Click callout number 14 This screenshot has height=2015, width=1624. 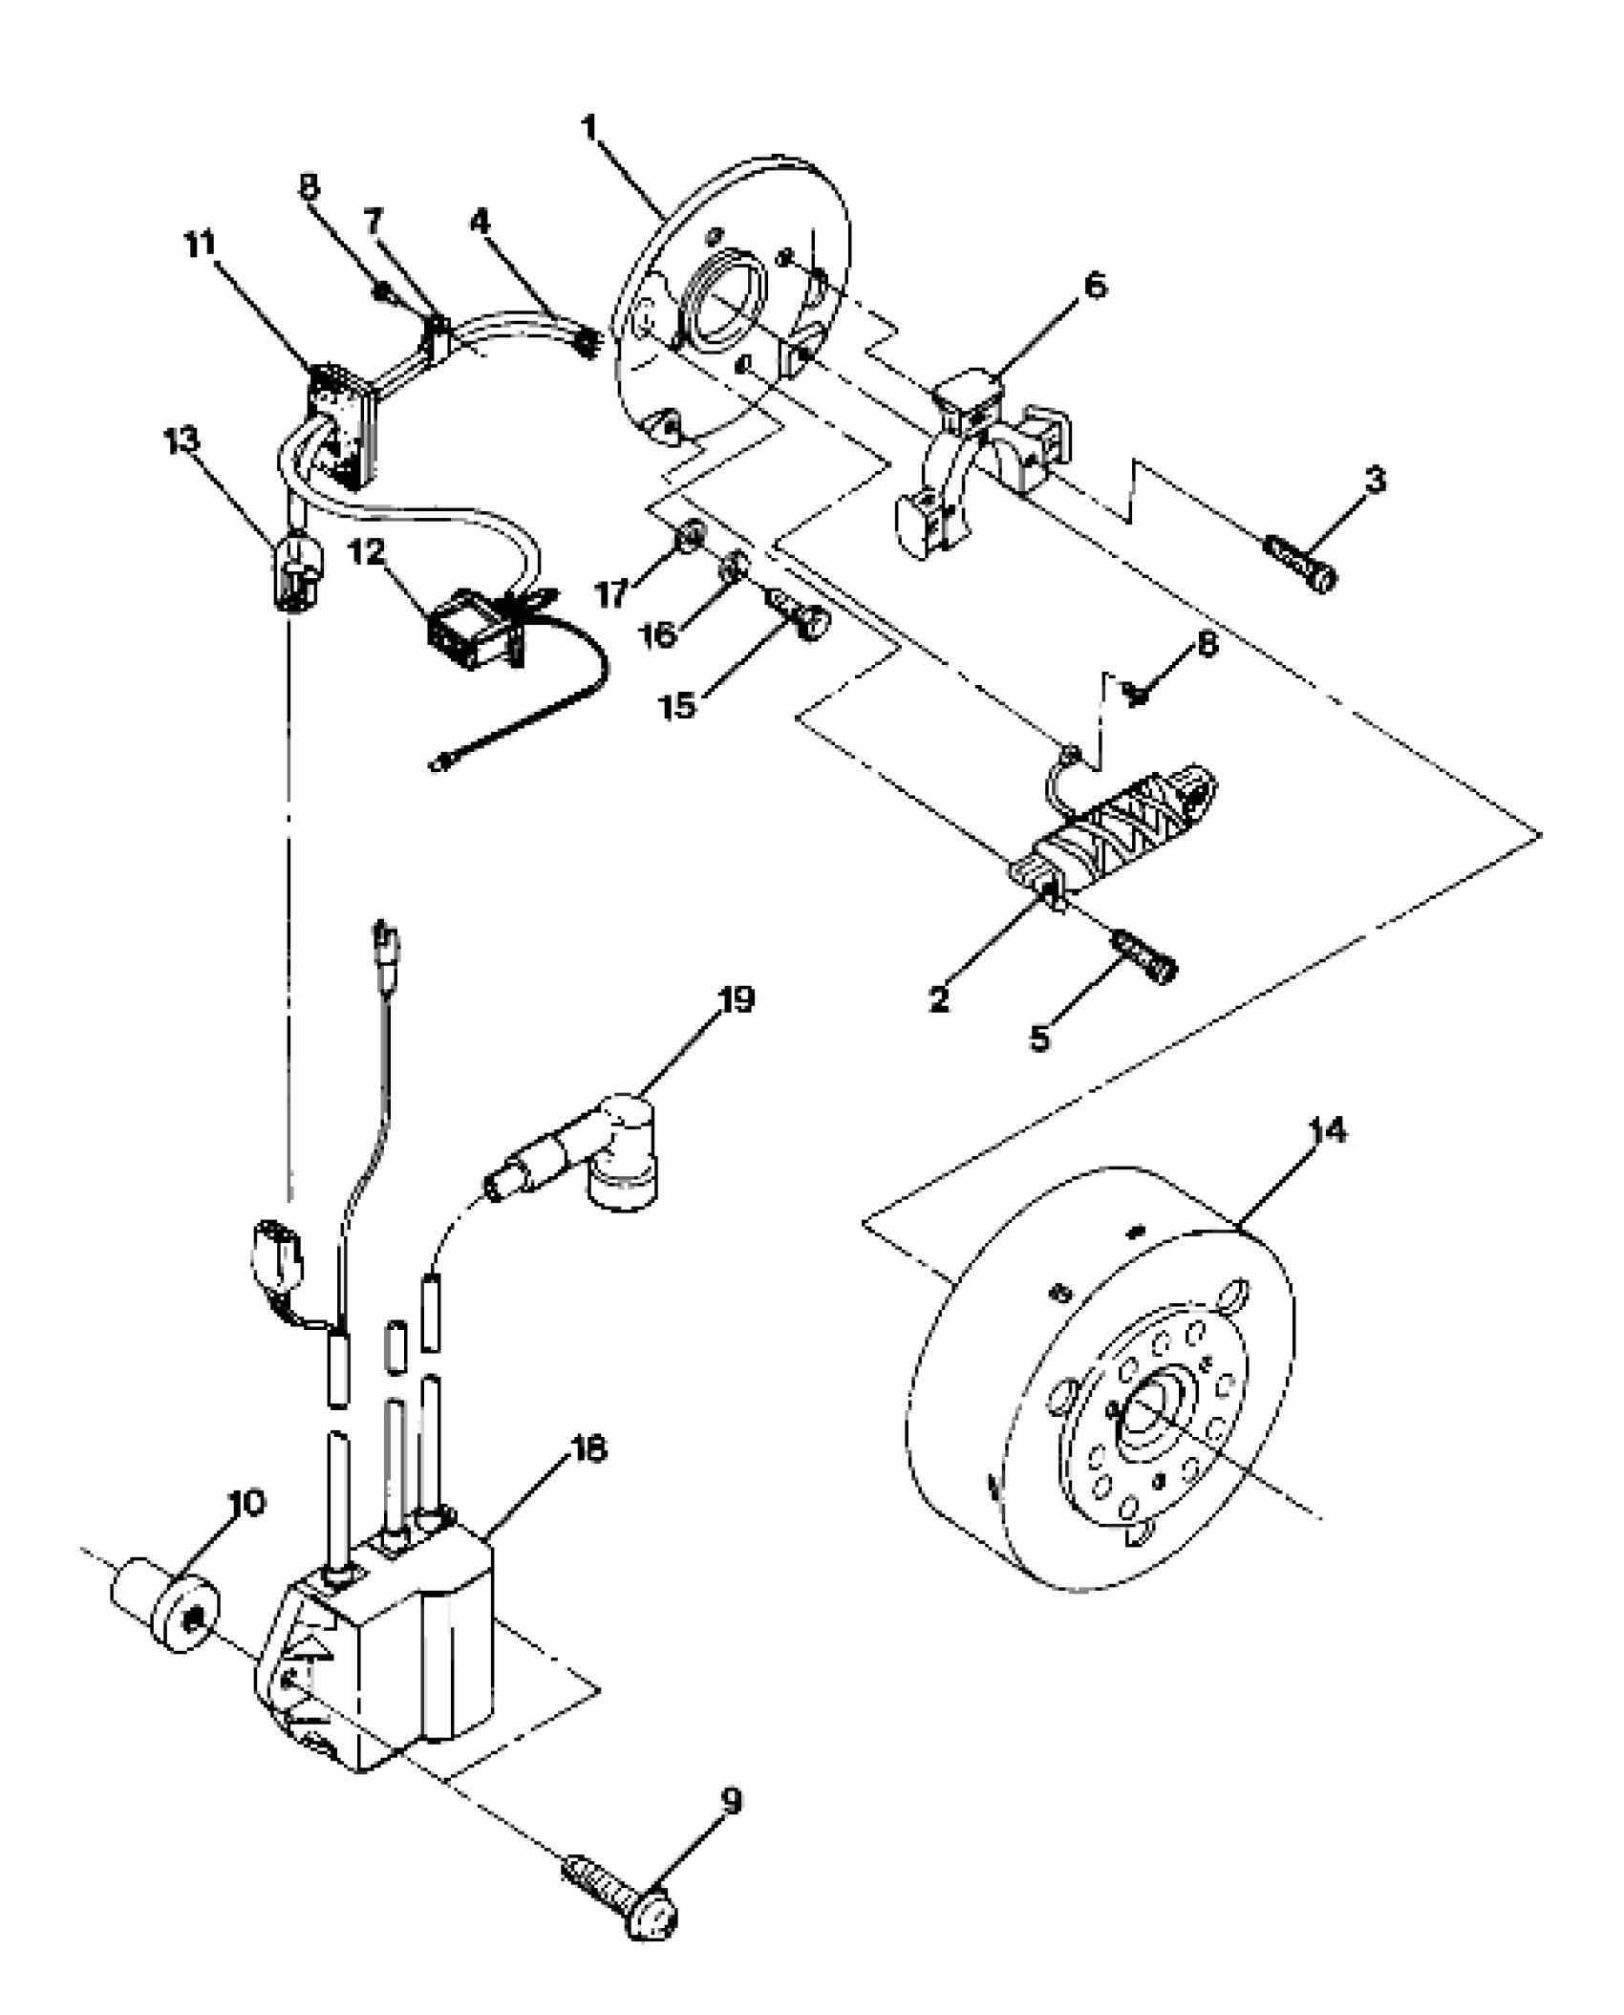(1328, 1131)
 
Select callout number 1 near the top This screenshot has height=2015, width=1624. (589, 127)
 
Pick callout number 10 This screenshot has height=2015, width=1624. (247, 1503)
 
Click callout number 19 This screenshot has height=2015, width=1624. (736, 1000)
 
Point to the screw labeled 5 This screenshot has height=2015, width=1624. (1149, 959)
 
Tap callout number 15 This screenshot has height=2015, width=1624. (678, 707)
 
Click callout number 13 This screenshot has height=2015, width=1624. (182, 441)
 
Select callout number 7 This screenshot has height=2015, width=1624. (373, 223)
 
